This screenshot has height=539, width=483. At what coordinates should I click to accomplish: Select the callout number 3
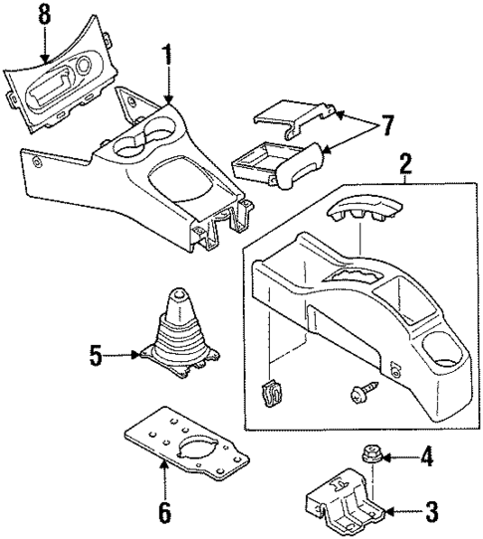point(430,513)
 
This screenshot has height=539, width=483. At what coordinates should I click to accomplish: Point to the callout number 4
point(426,458)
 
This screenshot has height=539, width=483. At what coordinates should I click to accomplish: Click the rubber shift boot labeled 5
point(179,338)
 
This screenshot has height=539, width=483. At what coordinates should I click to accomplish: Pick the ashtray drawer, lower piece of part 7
point(277,162)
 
